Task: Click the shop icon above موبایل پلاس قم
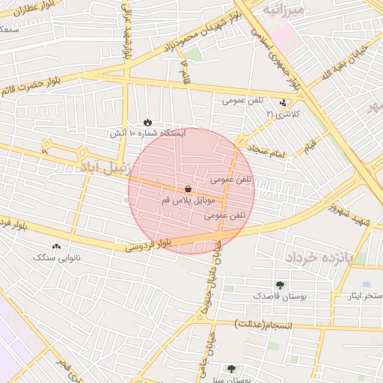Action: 187,190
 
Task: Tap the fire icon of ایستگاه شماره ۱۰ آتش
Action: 147,122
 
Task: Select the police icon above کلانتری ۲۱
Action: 283,103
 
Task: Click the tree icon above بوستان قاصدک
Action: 280,284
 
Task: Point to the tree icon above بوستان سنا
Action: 231,368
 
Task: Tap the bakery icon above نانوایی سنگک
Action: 57,247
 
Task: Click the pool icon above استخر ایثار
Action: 366,285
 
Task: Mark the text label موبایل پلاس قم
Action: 188,201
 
